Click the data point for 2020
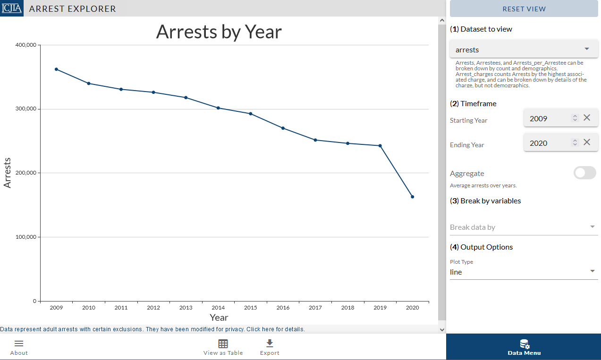412,197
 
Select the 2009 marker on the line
56,69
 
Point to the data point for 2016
283,128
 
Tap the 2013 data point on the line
186,98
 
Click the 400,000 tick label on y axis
26,45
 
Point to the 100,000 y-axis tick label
26,237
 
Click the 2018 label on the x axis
347,308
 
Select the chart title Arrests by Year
219,32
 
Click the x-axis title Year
219,318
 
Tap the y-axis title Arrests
7,173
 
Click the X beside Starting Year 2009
587,118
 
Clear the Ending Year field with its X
587,142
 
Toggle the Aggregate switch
584,173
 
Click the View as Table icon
223,344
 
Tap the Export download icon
270,343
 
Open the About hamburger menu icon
19,344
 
